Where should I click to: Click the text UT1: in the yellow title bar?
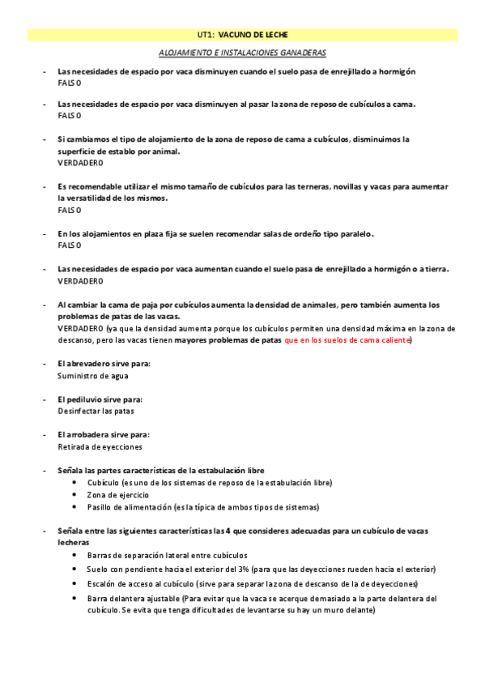pos(206,36)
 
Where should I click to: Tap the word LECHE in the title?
pos(272,36)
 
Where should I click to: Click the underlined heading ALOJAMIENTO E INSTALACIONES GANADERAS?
pos(243,52)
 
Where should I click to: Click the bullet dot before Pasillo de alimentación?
pos(75,507)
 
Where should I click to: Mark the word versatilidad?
pos(87,198)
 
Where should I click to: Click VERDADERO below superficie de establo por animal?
pos(80,163)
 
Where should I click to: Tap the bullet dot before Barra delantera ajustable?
pos(75,599)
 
